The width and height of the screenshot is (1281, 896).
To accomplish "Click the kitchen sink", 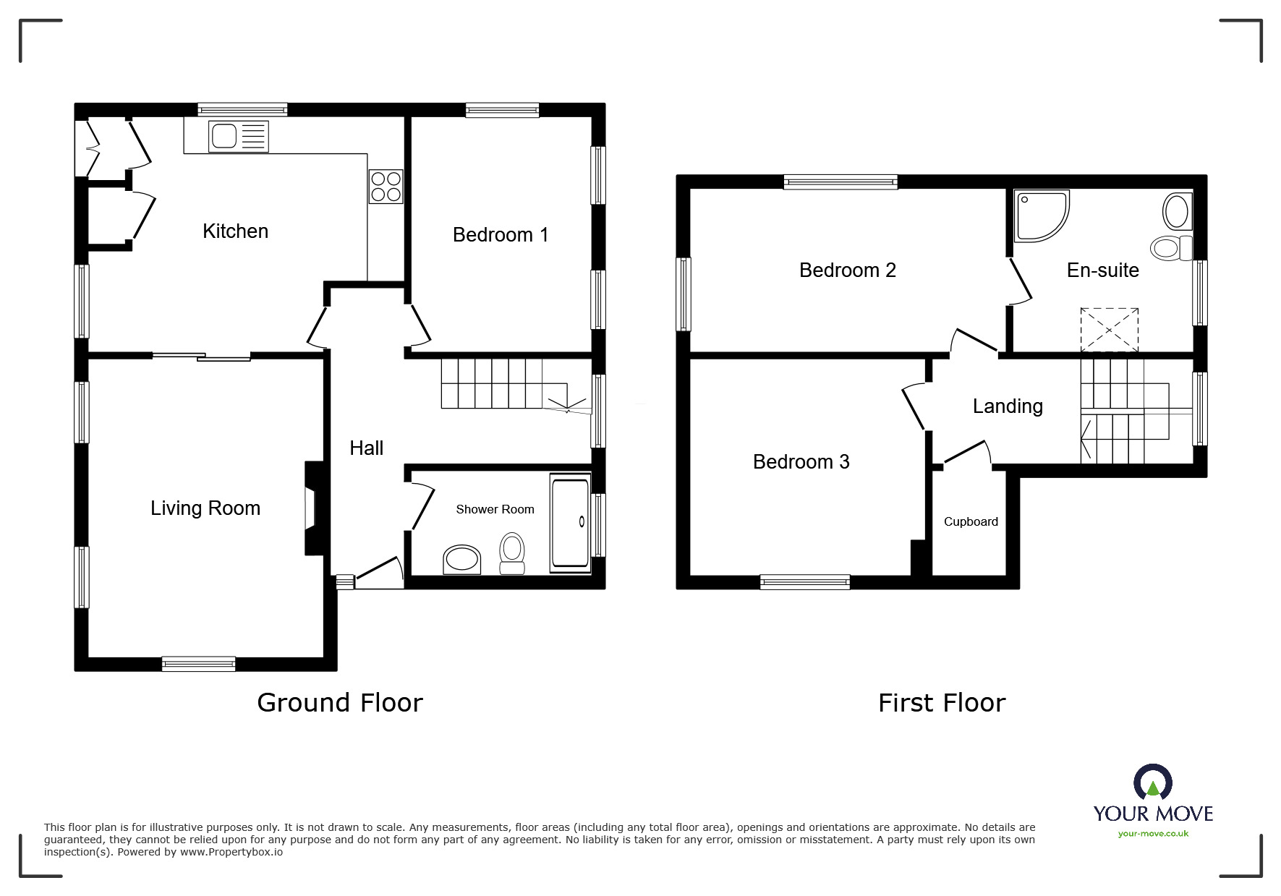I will click(238, 137).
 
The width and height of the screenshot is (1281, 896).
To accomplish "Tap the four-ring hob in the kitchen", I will click(386, 187).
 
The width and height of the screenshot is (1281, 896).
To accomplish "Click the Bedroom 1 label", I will click(500, 234).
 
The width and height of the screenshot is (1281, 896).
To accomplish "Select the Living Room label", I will click(205, 508).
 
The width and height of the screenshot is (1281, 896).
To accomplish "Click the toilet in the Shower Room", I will click(512, 553).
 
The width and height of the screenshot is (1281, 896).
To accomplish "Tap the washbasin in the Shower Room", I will click(461, 560).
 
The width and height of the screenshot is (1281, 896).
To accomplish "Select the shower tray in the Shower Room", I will click(570, 522).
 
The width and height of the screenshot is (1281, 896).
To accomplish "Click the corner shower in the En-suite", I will click(1039, 214).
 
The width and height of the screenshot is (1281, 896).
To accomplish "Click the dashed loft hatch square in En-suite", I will click(1109, 330).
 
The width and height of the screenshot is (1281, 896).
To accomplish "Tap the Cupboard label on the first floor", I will click(970, 521).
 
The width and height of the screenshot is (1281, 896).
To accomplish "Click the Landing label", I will click(1007, 406).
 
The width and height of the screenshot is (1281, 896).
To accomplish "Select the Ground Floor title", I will click(339, 702).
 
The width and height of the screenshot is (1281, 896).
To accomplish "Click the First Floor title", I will click(941, 702).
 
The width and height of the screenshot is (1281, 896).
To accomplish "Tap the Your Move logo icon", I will click(1152, 782).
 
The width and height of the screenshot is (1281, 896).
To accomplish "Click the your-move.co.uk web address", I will click(1152, 834).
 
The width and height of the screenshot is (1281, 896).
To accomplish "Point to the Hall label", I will click(366, 448).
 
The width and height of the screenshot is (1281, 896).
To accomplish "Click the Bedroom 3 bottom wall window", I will click(804, 581).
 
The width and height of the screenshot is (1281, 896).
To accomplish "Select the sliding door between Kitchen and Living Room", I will click(201, 356).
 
